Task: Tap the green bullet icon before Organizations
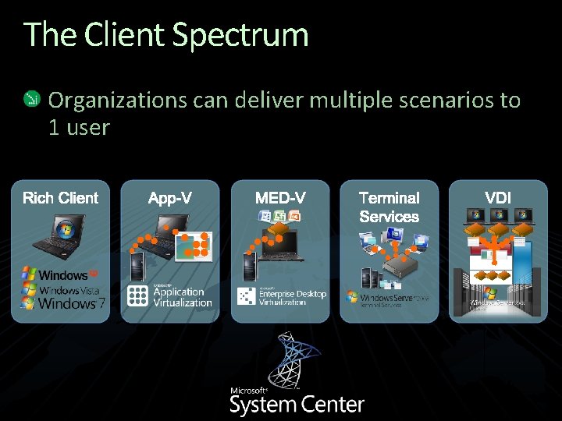(x=31, y=99)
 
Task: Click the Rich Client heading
(x=61, y=198)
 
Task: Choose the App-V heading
(x=170, y=198)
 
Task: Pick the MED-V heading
(x=280, y=198)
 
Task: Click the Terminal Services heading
(x=389, y=207)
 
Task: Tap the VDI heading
(x=498, y=198)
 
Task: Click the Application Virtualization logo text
(x=182, y=297)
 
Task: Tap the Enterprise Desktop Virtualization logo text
(x=292, y=297)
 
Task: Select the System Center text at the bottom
(x=297, y=405)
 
